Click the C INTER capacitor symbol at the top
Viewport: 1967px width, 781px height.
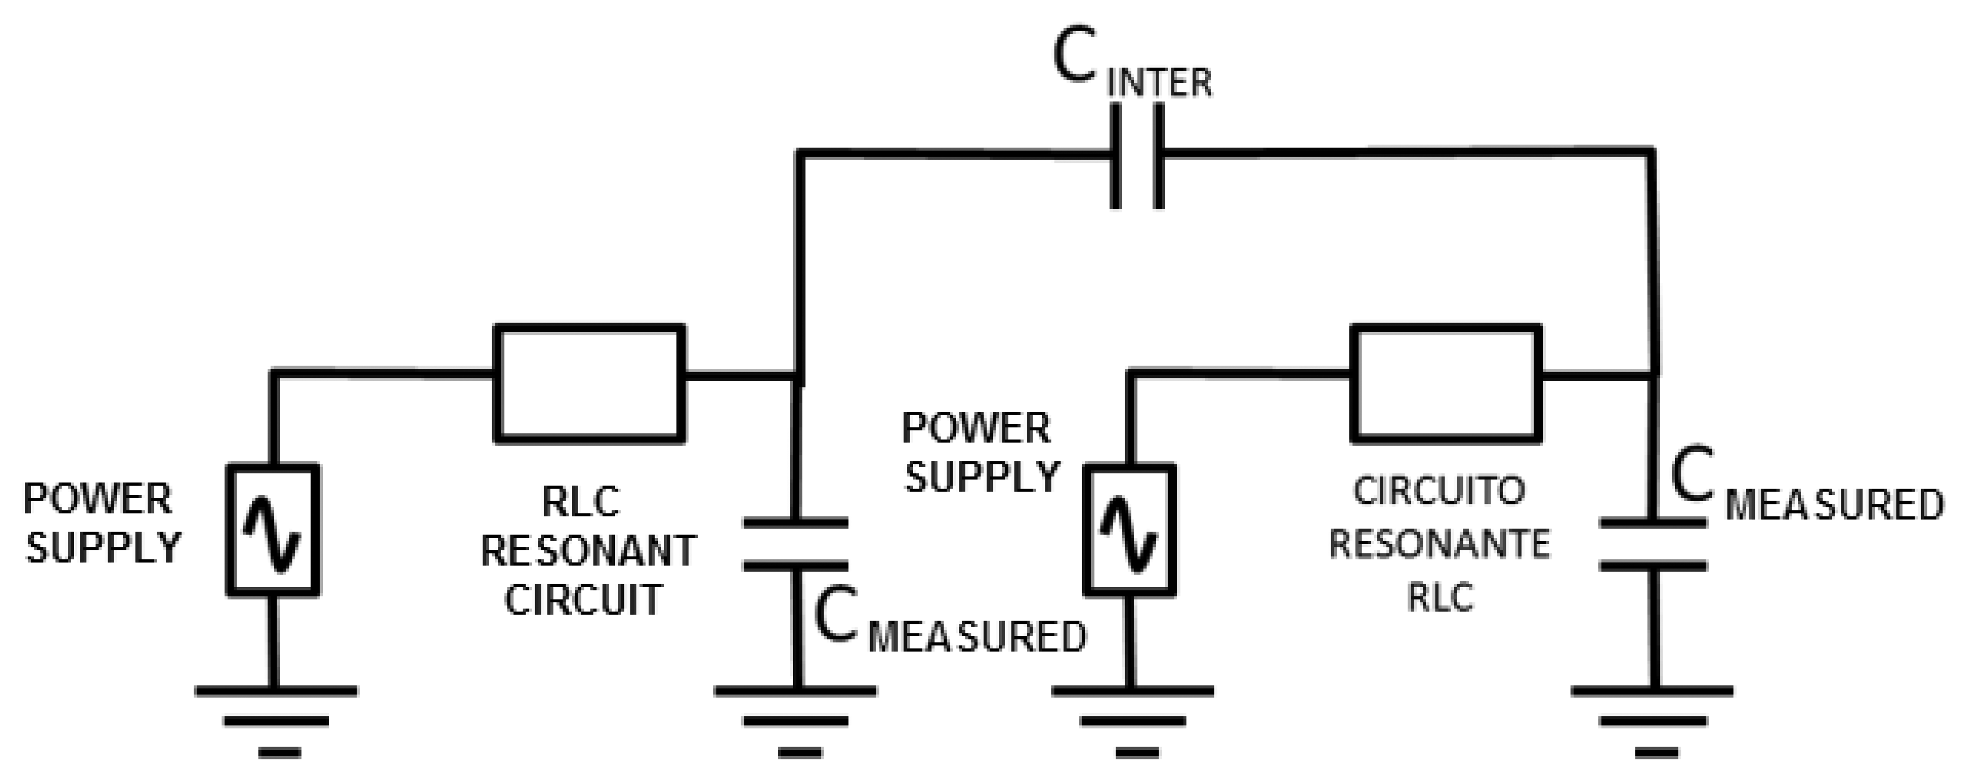pos(1137,156)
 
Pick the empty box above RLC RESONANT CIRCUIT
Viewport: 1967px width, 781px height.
pos(589,383)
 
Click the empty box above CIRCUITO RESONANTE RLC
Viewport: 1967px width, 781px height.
pos(1445,383)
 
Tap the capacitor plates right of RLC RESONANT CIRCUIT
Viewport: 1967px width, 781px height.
pos(795,545)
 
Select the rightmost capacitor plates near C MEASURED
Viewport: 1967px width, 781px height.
pos(1653,545)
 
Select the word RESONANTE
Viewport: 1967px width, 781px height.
pos(1440,545)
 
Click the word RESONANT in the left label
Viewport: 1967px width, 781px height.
pos(588,551)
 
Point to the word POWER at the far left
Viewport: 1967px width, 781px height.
pos(98,500)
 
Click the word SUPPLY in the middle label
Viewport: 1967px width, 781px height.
pos(982,477)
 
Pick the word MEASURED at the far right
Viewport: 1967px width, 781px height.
pos(1834,505)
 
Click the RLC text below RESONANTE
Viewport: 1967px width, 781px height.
pos(1440,597)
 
